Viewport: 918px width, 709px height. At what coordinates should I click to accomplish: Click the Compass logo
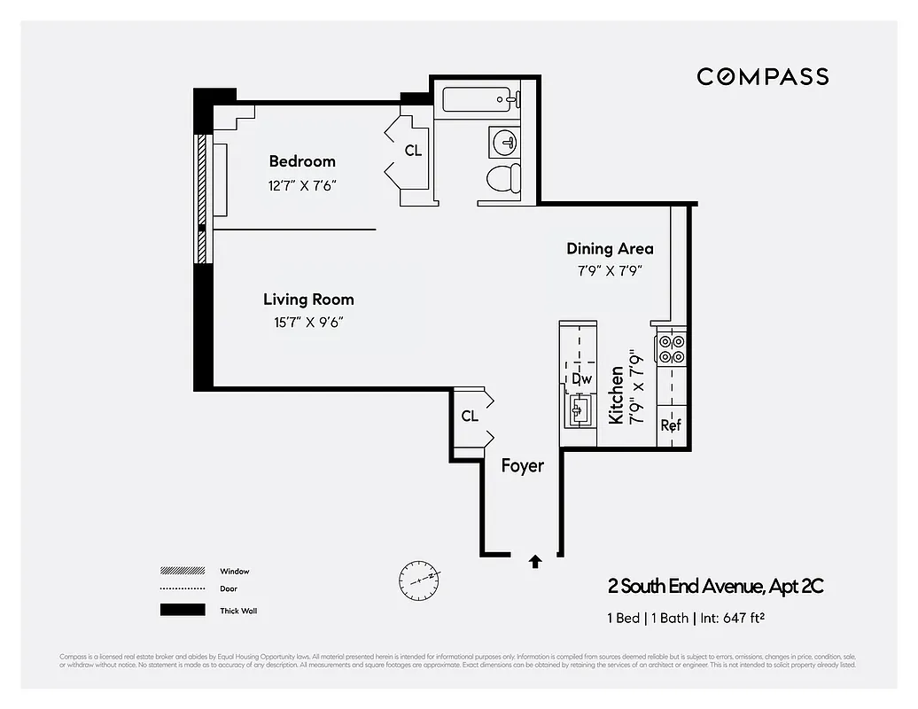[x=762, y=77]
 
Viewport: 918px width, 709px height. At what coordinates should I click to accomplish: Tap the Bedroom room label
[x=302, y=161]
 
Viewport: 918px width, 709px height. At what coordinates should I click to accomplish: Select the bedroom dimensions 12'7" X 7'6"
[x=302, y=186]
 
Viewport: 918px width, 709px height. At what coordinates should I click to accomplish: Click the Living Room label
[x=308, y=300]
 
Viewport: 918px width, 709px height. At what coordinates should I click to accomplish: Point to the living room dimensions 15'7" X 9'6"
[x=308, y=323]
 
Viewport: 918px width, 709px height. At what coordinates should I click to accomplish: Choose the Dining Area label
[x=610, y=249]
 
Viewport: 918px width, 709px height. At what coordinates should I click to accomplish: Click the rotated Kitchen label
[x=616, y=395]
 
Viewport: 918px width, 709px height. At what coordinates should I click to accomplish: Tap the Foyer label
[x=522, y=465]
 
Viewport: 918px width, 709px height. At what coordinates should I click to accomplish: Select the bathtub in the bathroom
[x=478, y=99]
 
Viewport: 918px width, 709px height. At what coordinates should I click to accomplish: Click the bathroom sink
[x=505, y=142]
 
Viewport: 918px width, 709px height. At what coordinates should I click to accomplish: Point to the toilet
[x=504, y=178]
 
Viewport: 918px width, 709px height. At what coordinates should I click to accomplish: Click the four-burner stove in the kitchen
[x=671, y=349]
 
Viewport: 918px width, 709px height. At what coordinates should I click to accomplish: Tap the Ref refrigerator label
[x=671, y=425]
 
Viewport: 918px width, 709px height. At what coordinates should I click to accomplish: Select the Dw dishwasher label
[x=581, y=379]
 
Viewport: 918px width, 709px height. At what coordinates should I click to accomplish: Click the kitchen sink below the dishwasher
[x=580, y=409]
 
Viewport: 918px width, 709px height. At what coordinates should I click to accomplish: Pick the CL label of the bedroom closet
[x=413, y=151]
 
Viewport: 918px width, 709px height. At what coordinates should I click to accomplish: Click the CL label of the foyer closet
[x=470, y=416]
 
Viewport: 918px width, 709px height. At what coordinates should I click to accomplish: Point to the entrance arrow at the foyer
[x=535, y=560]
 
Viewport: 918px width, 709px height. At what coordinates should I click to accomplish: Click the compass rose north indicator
[x=417, y=579]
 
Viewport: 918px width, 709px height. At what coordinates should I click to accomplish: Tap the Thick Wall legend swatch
[x=182, y=610]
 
